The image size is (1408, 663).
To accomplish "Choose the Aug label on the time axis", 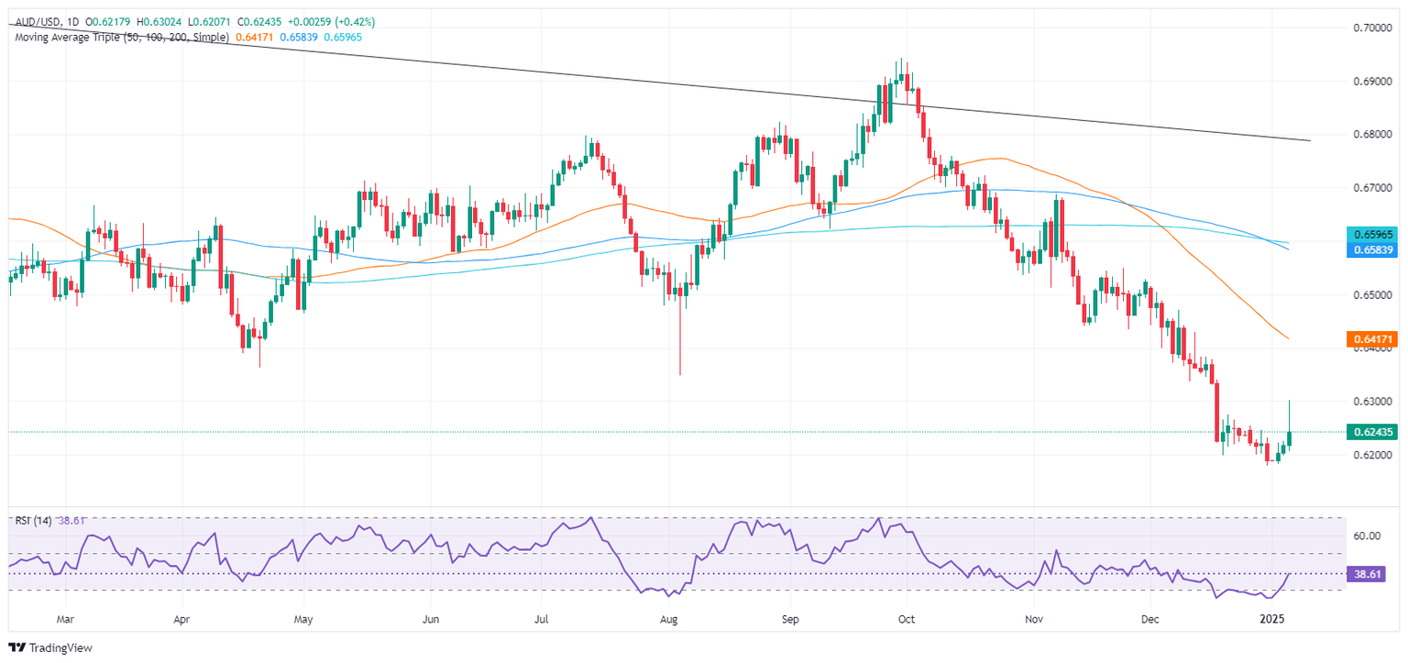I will point(671,619).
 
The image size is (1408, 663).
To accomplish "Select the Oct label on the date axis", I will point(906,619).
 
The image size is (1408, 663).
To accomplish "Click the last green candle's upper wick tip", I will point(1290,401).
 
